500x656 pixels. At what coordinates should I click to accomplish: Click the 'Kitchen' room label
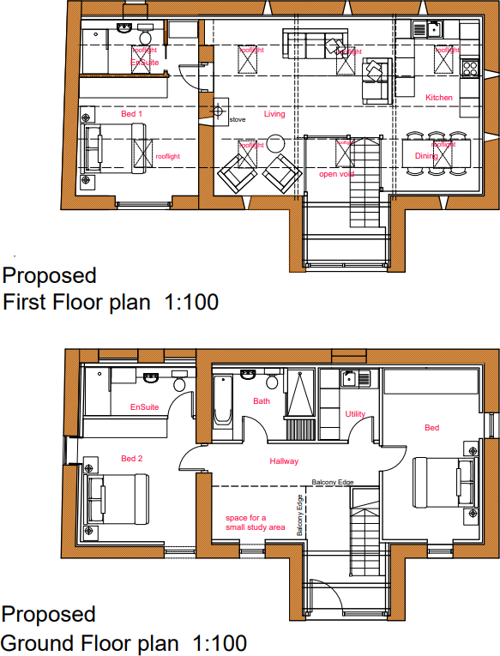pos(439,98)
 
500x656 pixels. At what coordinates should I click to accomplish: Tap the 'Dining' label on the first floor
pos(426,156)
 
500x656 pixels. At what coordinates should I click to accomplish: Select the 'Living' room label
pos(274,114)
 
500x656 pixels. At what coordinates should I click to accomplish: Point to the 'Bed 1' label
pos(131,113)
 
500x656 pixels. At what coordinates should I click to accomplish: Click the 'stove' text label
pos(238,119)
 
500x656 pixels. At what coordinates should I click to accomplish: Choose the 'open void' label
pos(337,174)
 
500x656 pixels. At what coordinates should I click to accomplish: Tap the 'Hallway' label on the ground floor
pos(284,461)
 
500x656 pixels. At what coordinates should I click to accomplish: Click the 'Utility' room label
pos(355,414)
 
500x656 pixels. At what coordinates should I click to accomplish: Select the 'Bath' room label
pos(261,400)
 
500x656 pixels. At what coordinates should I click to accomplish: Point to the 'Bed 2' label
pos(131,458)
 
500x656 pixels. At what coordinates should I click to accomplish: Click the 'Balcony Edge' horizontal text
pos(333,483)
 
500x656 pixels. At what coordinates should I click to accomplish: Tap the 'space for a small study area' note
pos(255,522)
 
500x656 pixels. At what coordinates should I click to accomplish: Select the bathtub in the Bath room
pos(222,401)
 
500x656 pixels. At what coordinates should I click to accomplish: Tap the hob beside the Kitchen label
pos(470,67)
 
